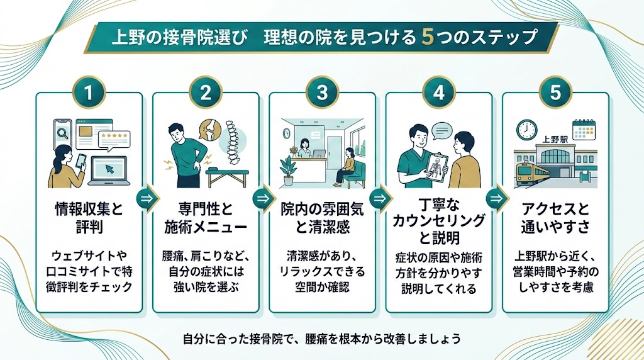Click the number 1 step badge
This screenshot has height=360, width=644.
[89, 93]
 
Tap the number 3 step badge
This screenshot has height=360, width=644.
[322, 93]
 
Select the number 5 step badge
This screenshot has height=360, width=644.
[555, 93]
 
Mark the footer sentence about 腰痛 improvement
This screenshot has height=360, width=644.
[321, 338]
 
